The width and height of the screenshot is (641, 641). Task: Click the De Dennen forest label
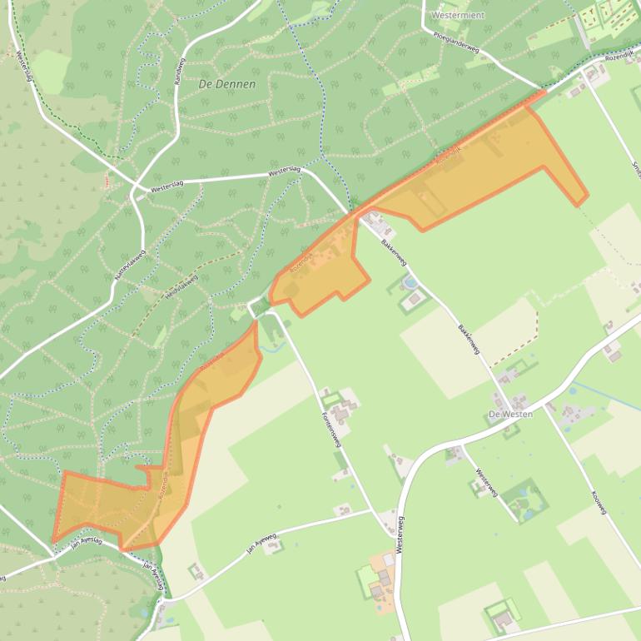click(227, 84)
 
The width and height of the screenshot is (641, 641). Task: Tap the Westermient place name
click(458, 14)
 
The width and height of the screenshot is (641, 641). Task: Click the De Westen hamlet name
click(509, 414)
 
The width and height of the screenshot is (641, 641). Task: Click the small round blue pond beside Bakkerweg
click(410, 283)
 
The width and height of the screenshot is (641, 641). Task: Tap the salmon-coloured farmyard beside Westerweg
click(384, 572)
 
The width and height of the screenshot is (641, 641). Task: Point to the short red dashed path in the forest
click(106, 180)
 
